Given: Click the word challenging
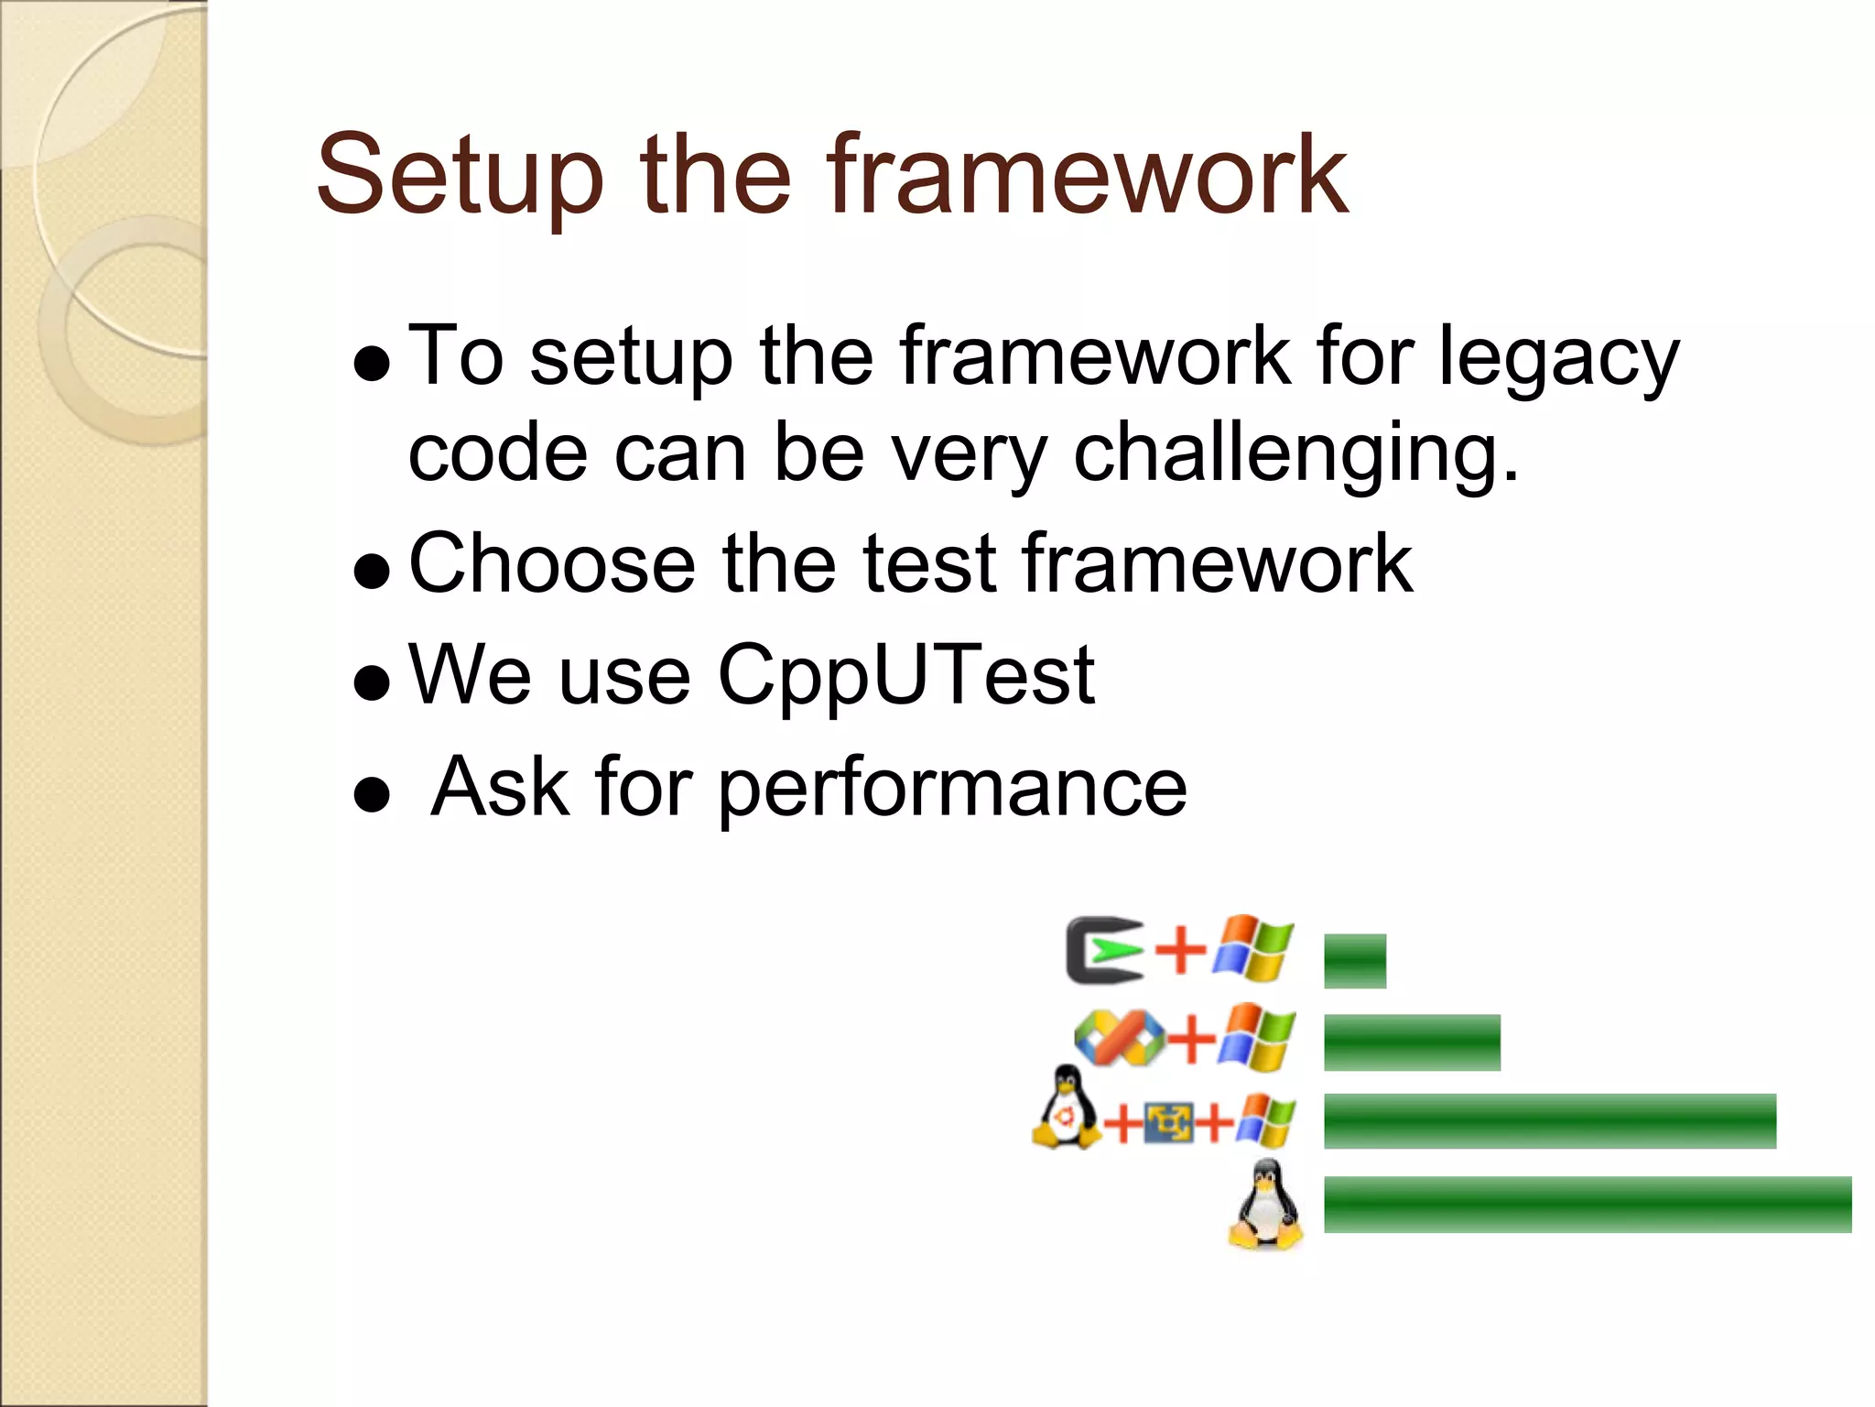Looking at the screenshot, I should [1295, 454].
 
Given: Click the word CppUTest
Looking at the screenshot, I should [905, 676].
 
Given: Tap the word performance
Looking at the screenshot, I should [952, 788].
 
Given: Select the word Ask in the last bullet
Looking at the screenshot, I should [500, 788].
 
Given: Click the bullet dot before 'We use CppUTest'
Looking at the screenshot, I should [372, 682].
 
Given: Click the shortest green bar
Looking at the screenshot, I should [1355, 961].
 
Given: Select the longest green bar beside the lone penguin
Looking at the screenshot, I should [1587, 1205].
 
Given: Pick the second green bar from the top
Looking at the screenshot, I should [1412, 1042].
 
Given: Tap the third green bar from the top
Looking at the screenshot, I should [1549, 1121].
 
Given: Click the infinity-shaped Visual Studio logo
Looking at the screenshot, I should [1119, 1038].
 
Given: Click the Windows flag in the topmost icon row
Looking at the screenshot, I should [1253, 947].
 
